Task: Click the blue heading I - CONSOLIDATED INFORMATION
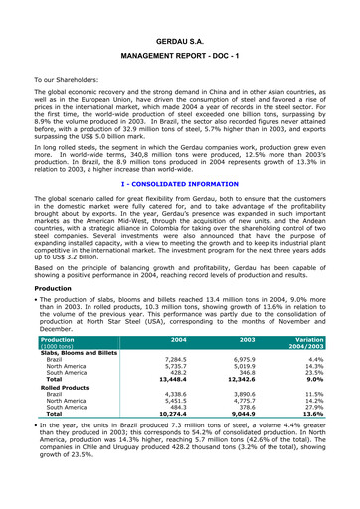click(180, 183)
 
